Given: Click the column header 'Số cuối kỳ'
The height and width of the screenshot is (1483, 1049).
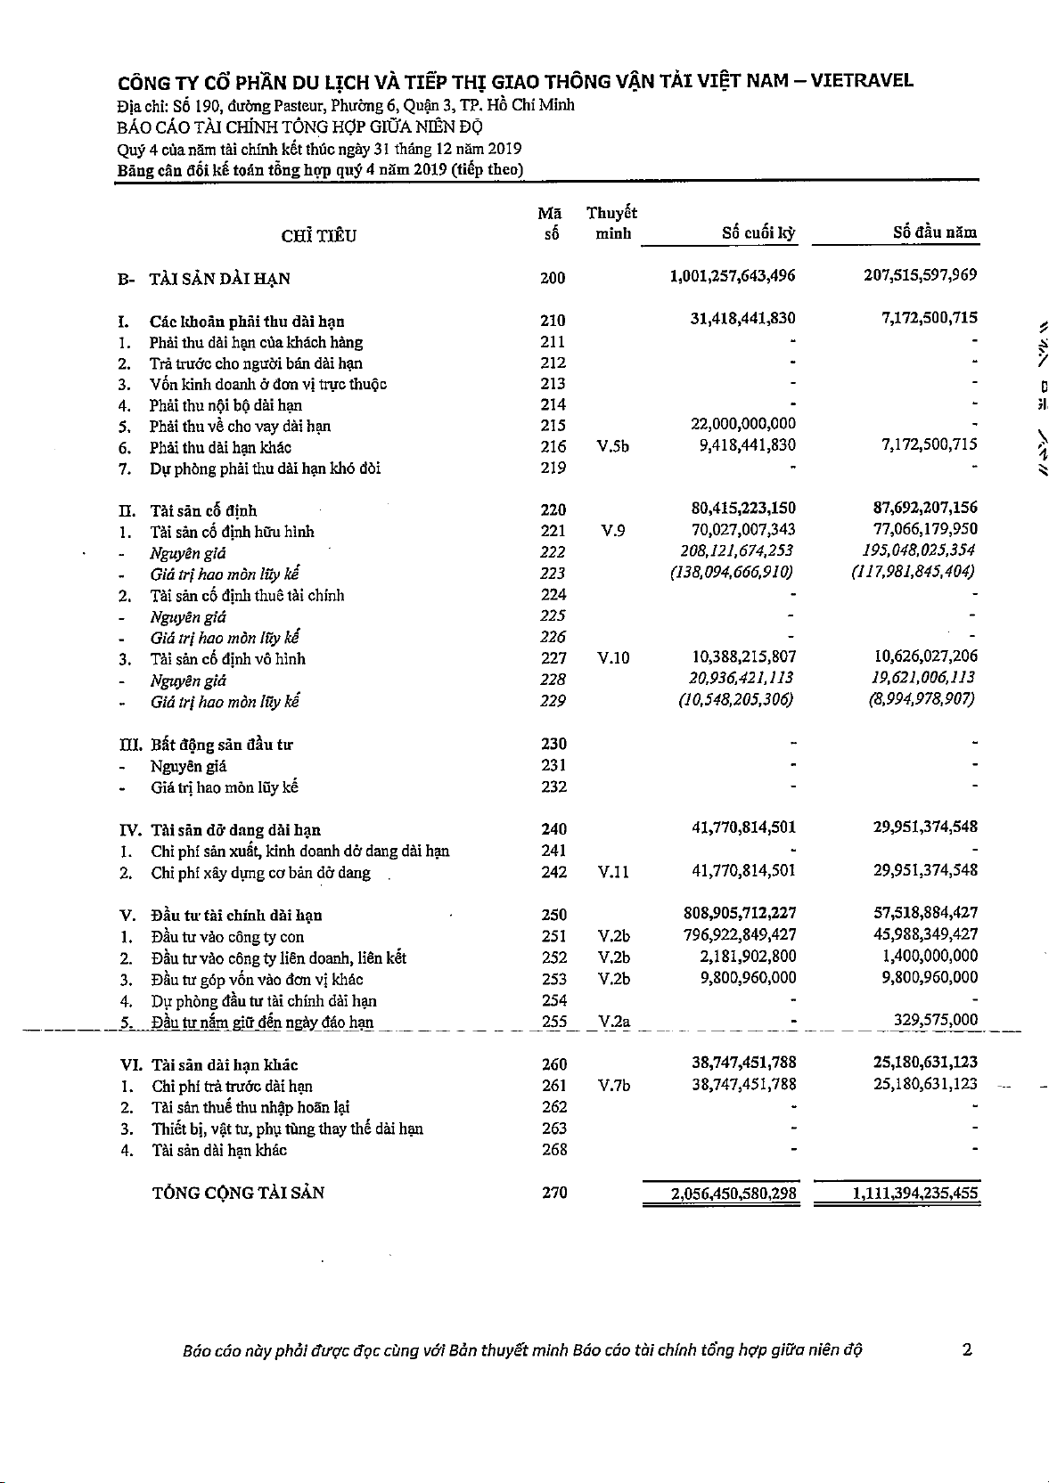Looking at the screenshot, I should pos(758,233).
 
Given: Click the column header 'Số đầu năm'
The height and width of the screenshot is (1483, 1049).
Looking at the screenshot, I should pos(935,232).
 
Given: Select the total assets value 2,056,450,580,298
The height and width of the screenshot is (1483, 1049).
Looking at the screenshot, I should pos(733,1193).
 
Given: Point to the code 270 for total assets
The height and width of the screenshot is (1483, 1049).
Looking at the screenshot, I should pos(554,1193).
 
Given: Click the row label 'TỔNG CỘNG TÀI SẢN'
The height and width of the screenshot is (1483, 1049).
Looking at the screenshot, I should pos(238,1194).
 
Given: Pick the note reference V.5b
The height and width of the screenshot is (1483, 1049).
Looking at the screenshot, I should pos(612,446).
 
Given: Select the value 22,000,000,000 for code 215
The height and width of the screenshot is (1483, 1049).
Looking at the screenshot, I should pos(743,424).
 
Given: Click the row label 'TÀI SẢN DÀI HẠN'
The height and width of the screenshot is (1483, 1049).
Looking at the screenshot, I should pos(219,279).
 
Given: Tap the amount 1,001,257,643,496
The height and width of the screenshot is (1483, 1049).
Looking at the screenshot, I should pos(733,276).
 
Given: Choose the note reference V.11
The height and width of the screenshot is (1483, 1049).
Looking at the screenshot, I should pos(613,873).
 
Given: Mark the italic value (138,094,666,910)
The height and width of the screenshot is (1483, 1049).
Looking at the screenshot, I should pos(731,573).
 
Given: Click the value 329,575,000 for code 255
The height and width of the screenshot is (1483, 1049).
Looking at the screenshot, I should pos(935,1021).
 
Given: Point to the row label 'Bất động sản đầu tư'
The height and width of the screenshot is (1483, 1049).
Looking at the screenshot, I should pos(221,745).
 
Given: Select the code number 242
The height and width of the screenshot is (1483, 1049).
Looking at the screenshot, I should pos(554,872).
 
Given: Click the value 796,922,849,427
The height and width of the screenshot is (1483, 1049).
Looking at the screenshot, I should pos(739,934).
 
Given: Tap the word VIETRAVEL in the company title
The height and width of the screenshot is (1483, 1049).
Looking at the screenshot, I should pos(862,80).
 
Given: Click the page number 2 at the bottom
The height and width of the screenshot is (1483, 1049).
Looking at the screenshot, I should pos(967,1349).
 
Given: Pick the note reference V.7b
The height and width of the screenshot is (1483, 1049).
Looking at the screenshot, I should pos(614,1086).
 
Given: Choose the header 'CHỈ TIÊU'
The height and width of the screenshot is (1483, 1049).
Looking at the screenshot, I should pos(318,236).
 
